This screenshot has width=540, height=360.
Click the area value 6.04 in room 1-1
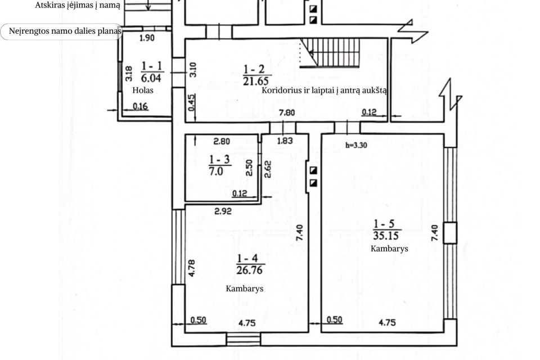pyautogui.click(x=151, y=78)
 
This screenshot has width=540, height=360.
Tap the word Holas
pyautogui.click(x=143, y=90)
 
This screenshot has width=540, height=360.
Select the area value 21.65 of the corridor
pyautogui.click(x=255, y=81)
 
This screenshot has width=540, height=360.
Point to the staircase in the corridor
pyautogui.click(x=330, y=52)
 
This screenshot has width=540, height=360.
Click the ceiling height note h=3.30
pyautogui.click(x=356, y=145)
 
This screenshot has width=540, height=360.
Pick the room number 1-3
pyautogui.click(x=219, y=160)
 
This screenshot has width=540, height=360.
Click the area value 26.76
pyautogui.click(x=249, y=270)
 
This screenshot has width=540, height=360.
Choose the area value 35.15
pyautogui.click(x=386, y=236)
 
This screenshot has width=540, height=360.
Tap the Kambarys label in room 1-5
pyautogui.click(x=389, y=249)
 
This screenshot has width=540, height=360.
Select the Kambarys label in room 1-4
pyautogui.click(x=245, y=289)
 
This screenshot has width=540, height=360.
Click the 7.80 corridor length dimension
pyautogui.click(x=286, y=112)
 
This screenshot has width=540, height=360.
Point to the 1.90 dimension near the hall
pyautogui.click(x=147, y=38)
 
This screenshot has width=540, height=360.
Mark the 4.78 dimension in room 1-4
pyautogui.click(x=192, y=268)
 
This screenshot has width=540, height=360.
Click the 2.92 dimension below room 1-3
pyautogui.click(x=223, y=211)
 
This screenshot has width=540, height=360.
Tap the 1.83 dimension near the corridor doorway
pyautogui.click(x=285, y=141)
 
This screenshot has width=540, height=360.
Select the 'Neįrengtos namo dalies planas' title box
pyautogui.click(x=61, y=31)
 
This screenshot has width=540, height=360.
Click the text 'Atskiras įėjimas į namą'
pyautogui.click(x=78, y=5)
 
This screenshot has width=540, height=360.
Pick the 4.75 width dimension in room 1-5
pyautogui.click(x=387, y=322)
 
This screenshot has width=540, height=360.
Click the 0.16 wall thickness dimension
pyautogui.click(x=140, y=106)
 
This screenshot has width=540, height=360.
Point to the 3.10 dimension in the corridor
pyautogui.click(x=193, y=70)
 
